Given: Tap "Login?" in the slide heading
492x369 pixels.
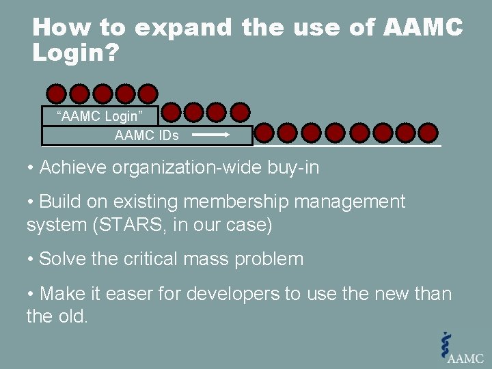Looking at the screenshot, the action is point(76,53).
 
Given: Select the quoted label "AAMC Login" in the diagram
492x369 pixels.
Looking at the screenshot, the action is point(98,116).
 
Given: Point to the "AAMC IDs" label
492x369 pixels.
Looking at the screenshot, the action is point(146,135).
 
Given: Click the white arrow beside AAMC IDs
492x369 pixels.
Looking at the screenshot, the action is point(212,135).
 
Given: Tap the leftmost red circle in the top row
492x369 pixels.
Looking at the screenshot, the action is point(57,94).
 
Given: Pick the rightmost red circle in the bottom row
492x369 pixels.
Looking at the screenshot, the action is point(428,132).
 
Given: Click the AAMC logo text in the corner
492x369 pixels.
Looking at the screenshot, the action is point(465,357).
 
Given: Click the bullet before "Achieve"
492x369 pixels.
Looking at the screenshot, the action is point(31,168).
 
